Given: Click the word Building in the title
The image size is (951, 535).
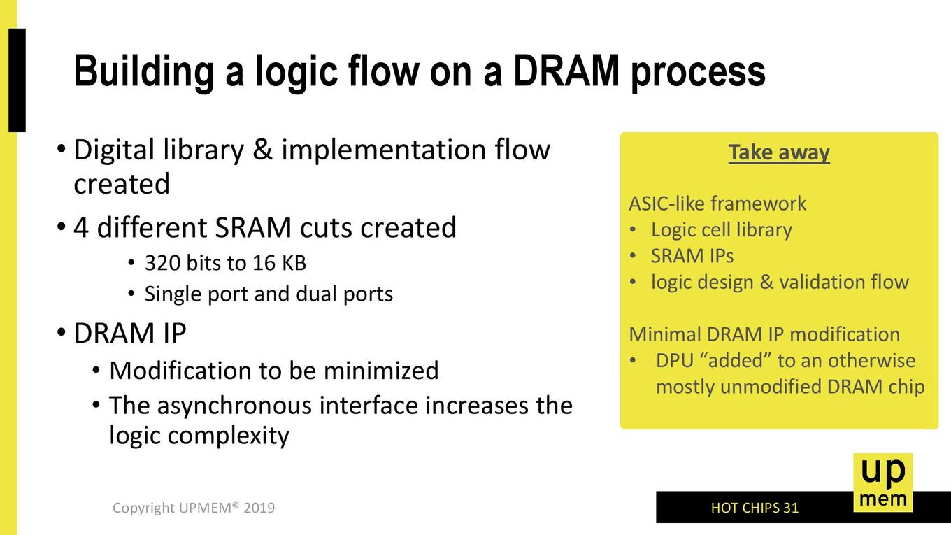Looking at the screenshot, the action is (x=144, y=72).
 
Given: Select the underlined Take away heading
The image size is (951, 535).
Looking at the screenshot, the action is (x=779, y=153).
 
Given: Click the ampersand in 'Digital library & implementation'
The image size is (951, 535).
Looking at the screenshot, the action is (x=262, y=150).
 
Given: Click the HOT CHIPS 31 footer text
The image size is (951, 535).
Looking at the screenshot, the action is (x=755, y=508).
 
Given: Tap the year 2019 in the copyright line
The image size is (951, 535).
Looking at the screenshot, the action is (x=259, y=508).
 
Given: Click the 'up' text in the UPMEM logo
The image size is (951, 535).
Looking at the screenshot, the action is (x=883, y=473).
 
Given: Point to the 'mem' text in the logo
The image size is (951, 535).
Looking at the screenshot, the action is (x=883, y=499).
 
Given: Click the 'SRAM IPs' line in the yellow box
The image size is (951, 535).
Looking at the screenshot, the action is (x=692, y=256).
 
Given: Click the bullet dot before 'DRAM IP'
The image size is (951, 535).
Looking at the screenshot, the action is (x=61, y=331).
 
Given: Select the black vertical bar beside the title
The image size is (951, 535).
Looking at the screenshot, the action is (x=17, y=80).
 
